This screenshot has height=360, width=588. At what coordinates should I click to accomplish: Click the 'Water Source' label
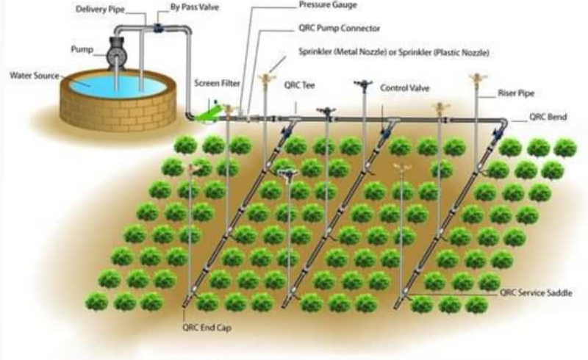[34, 75]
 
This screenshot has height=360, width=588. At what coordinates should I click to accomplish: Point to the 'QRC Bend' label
[548, 118]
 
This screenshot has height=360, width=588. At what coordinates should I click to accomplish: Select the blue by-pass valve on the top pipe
[159, 28]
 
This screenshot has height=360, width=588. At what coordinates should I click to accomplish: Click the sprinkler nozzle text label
[394, 53]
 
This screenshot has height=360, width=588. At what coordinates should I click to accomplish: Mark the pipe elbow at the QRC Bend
[502, 123]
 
